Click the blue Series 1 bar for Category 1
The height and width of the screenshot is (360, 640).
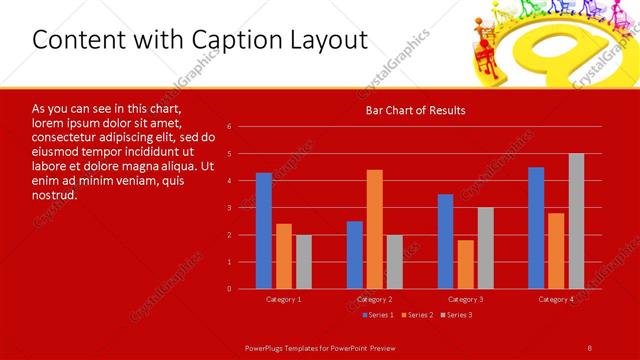pyautogui.click(x=264, y=231)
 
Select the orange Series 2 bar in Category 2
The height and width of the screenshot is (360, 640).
pyautogui.click(x=374, y=229)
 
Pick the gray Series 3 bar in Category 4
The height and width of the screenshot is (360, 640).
pyautogui.click(x=576, y=221)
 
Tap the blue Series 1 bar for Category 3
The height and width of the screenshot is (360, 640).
pyautogui.click(x=446, y=241)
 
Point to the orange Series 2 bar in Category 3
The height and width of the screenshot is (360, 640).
pyautogui.click(x=465, y=264)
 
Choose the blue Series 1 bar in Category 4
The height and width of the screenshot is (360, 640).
pyautogui.click(x=536, y=228)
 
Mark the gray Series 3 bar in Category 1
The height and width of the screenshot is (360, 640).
pyautogui.click(x=304, y=262)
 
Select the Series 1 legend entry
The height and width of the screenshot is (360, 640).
pyautogui.click(x=377, y=315)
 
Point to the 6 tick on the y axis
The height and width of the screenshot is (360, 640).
pyautogui.click(x=229, y=127)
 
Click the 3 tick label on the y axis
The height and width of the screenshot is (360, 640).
pyautogui.click(x=229, y=208)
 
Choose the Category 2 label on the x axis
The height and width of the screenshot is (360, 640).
pyautogui.click(x=374, y=299)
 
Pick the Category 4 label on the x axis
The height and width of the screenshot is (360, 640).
pyautogui.click(x=556, y=299)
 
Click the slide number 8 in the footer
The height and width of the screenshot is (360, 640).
pyautogui.click(x=590, y=347)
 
